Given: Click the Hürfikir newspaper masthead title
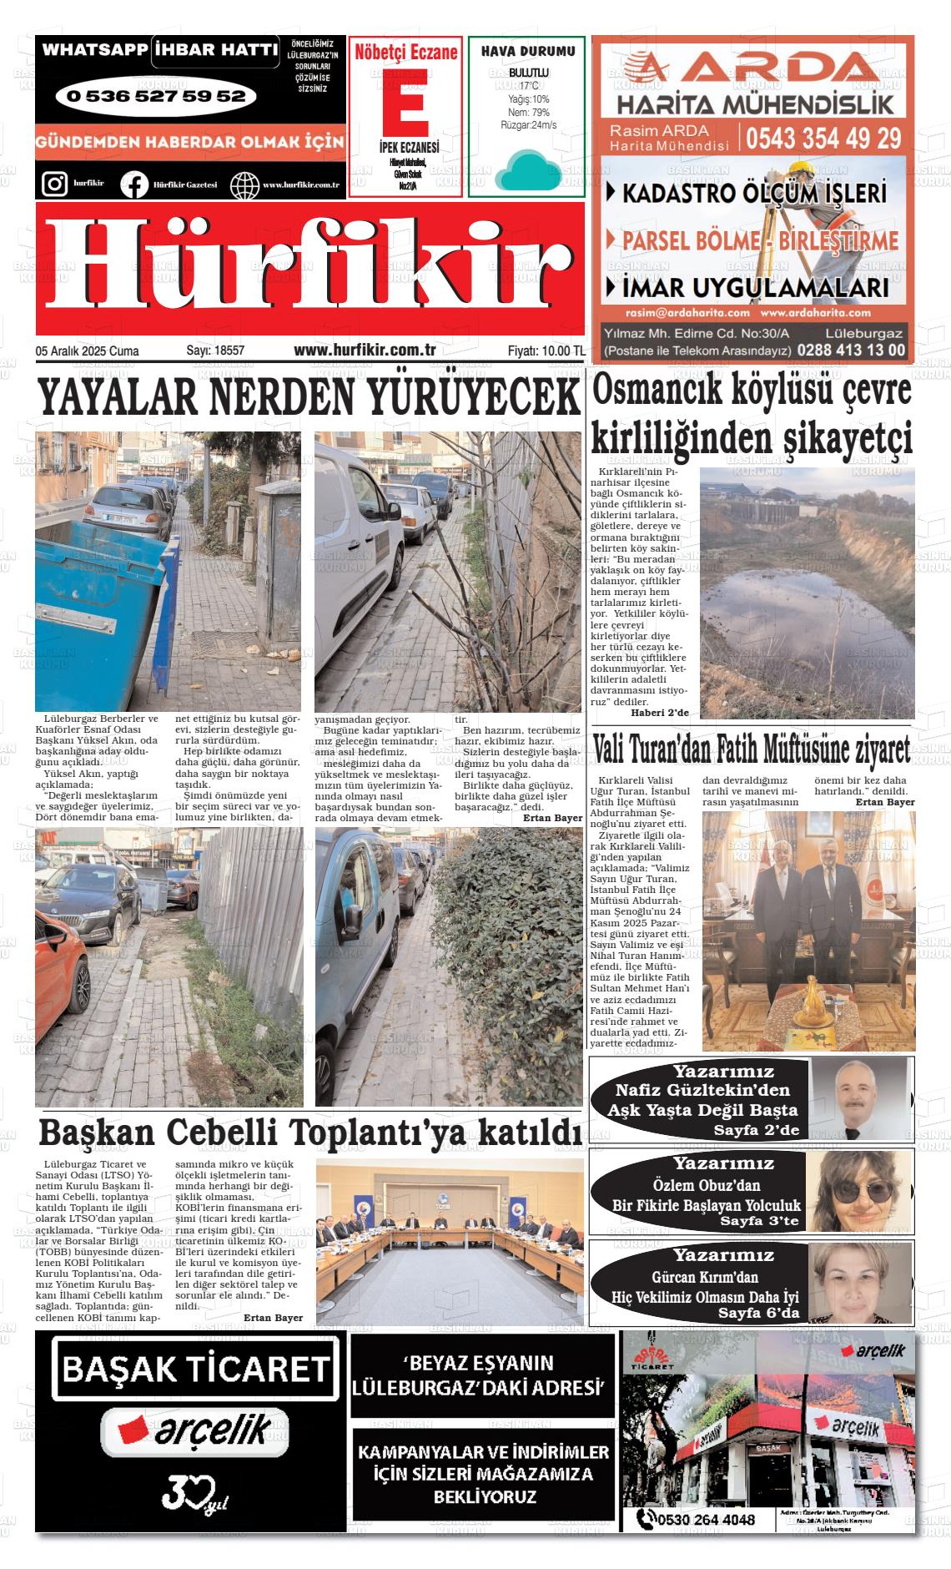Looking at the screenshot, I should tap(309, 269).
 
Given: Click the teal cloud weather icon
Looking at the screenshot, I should tap(526, 170).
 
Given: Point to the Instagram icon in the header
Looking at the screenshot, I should tap(54, 184).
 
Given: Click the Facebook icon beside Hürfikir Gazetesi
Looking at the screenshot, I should tap(133, 184).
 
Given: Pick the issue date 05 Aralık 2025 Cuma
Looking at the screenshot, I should tap(87, 351).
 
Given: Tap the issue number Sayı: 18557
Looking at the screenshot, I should tap(215, 351).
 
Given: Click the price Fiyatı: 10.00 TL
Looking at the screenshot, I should tap(546, 351).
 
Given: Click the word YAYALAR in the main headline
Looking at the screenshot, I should tap(118, 399).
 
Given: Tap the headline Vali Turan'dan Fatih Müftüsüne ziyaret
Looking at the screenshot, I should tap(751, 750).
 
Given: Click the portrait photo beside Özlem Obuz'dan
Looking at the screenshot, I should tap(858, 1192).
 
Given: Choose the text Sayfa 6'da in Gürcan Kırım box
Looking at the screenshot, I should tap(758, 1314).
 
